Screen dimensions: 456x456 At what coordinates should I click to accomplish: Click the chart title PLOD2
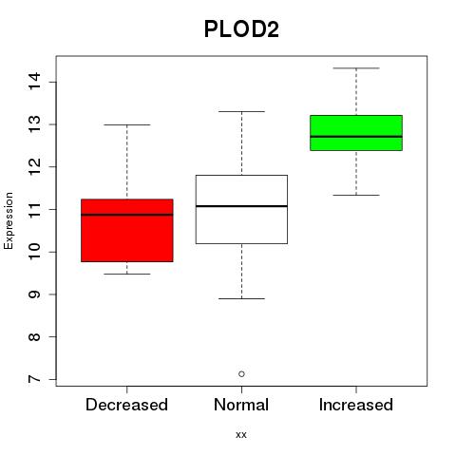click(241, 29)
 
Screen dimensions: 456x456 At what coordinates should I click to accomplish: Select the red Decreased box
click(127, 230)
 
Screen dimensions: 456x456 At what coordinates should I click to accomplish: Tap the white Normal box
click(241, 209)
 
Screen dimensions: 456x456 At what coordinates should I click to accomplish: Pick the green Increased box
click(356, 133)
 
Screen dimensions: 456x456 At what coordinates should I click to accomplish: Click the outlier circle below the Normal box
click(241, 374)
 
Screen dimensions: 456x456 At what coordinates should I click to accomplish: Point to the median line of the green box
click(356, 137)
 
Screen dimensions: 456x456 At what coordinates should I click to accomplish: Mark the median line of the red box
click(127, 215)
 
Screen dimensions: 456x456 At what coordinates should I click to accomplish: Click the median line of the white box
click(241, 206)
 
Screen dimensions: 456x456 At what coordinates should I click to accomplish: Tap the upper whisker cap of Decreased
click(127, 124)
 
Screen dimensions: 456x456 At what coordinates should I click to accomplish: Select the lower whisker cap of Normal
click(241, 298)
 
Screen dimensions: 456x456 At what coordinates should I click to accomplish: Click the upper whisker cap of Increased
click(356, 68)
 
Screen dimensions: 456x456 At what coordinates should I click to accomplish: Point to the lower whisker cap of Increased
click(356, 195)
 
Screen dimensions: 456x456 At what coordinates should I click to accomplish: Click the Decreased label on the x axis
click(126, 405)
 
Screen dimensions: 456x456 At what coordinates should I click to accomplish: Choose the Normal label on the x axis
click(241, 405)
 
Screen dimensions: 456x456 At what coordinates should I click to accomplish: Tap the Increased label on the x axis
click(356, 405)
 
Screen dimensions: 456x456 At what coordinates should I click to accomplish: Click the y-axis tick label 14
click(35, 82)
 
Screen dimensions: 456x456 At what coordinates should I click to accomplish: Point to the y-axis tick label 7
click(35, 379)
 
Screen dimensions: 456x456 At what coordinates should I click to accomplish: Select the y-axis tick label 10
click(35, 252)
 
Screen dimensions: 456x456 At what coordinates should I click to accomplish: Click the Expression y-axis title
click(9, 220)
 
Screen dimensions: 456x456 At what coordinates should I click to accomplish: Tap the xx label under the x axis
click(241, 435)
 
